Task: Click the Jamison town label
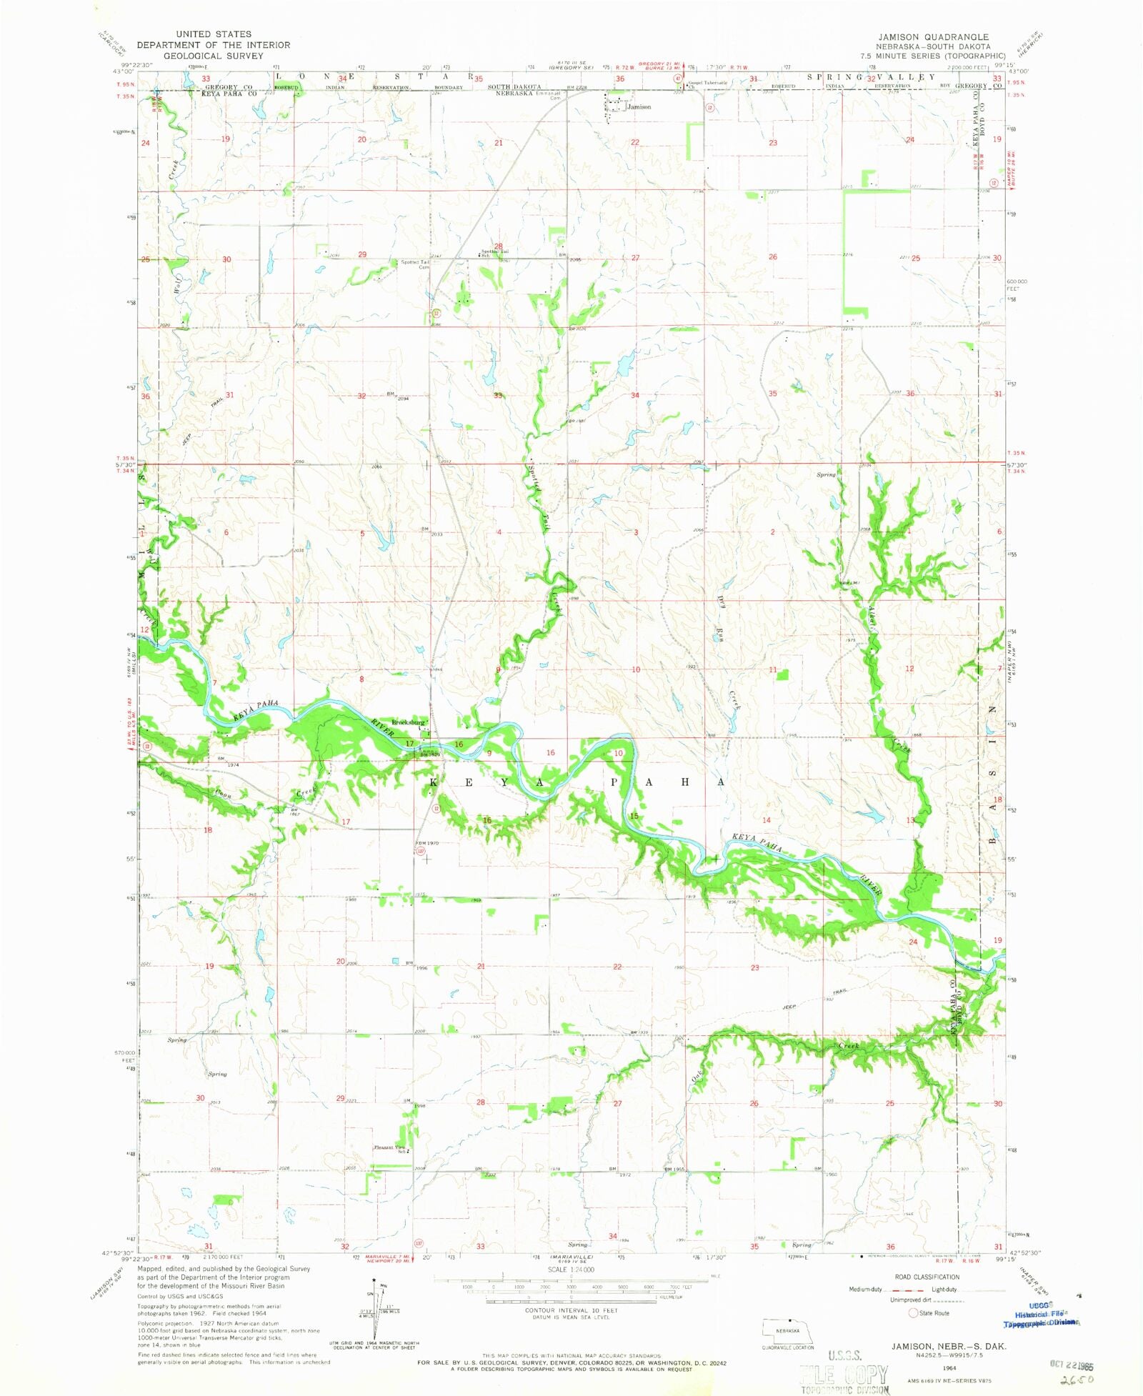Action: (x=639, y=107)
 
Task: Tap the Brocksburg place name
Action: (x=408, y=722)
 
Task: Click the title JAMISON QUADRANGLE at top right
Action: (x=933, y=36)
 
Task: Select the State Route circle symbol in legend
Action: (x=912, y=1313)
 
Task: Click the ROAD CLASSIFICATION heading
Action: (x=927, y=1277)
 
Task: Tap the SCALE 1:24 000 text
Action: (x=571, y=1270)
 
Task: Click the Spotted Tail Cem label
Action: (x=415, y=264)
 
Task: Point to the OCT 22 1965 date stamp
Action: (x=1070, y=1363)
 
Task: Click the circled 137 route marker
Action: (x=421, y=852)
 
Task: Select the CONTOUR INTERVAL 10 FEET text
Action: (x=571, y=1311)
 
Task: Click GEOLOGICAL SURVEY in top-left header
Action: (x=213, y=55)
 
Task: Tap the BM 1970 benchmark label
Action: (x=427, y=843)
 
